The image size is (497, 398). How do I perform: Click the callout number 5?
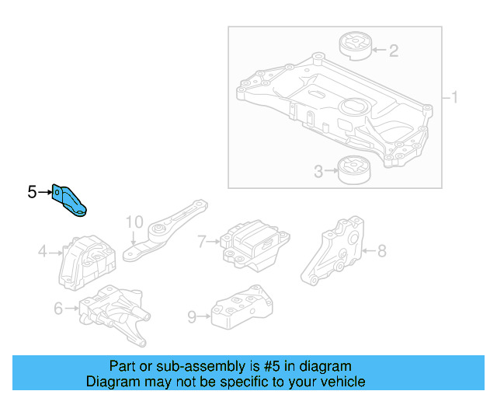tap(32, 191)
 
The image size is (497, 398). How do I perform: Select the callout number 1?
tap(455, 98)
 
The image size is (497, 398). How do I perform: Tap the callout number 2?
tap(394, 51)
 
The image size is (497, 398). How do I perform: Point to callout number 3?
tap(318, 170)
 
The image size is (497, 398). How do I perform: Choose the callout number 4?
tap(43, 251)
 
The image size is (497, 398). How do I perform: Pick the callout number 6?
tap(58, 309)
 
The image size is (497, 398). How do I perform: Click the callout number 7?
tap(201, 242)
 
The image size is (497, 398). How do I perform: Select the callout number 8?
tap(381, 250)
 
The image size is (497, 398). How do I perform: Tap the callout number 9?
tap(192, 316)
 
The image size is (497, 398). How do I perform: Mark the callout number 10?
tap(134, 222)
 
